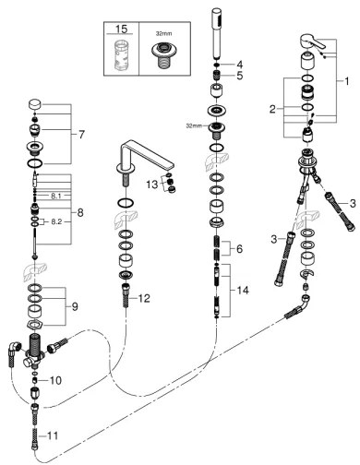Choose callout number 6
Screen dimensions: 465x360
point(239,251)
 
